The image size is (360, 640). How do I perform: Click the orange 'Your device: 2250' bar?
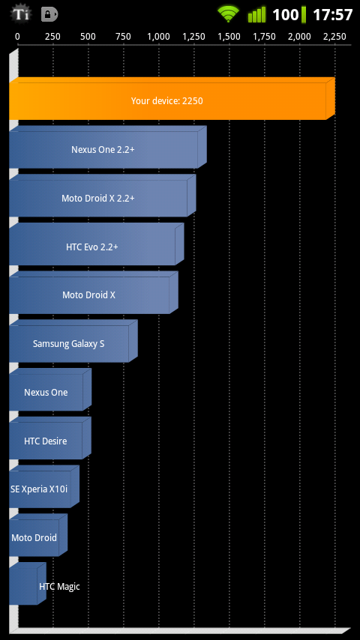(172, 98)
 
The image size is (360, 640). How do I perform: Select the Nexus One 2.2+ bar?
(108, 147)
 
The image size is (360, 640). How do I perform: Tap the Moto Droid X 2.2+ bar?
(103, 196)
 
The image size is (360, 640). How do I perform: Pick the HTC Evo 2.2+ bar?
(97, 244)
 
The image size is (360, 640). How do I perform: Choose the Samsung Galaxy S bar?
(73, 341)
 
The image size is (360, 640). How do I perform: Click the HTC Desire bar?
(50, 438)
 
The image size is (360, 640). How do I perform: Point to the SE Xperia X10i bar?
(44, 486)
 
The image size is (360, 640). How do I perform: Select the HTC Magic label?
(59, 587)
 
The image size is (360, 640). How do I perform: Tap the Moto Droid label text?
(34, 537)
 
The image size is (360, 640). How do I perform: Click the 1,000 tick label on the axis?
(158, 37)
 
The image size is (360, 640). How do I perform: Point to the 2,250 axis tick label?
(334, 37)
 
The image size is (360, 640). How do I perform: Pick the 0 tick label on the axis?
(17, 37)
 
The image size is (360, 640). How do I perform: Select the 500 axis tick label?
(88, 37)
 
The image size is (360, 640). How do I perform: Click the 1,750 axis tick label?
(265, 37)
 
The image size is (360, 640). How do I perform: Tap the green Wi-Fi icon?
(227, 14)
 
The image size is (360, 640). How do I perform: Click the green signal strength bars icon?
(256, 15)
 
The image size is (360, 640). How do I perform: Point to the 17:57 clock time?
(332, 15)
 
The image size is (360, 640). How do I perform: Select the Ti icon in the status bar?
(20, 14)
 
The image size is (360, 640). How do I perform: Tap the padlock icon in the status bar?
(49, 15)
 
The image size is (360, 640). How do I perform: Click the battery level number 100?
(286, 15)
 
